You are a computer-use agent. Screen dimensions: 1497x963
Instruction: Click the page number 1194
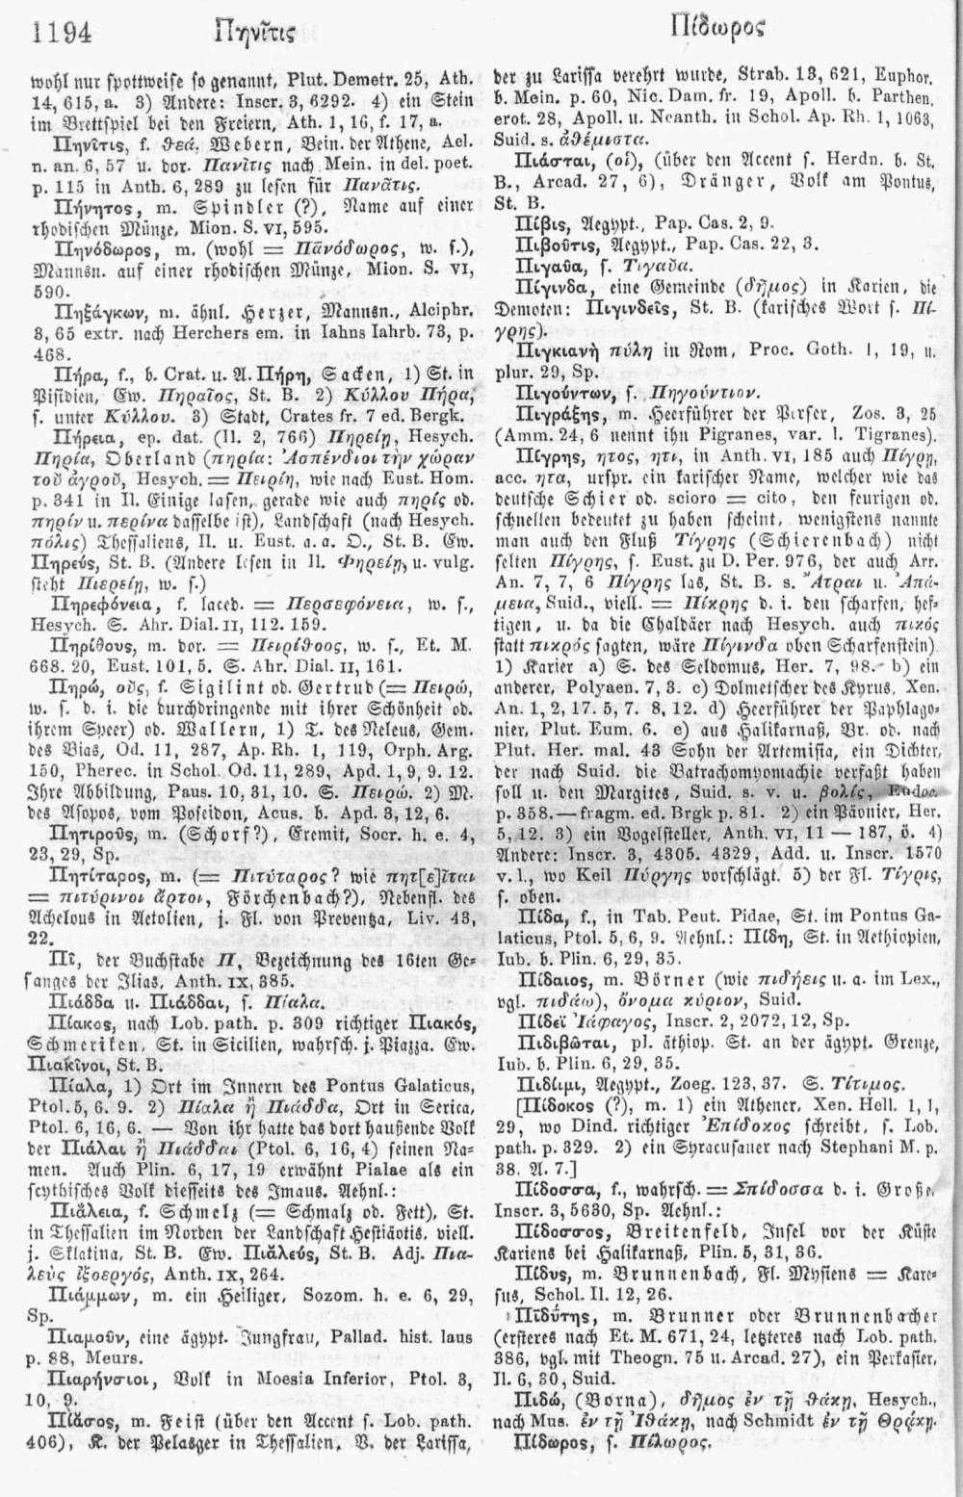pyautogui.click(x=61, y=35)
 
